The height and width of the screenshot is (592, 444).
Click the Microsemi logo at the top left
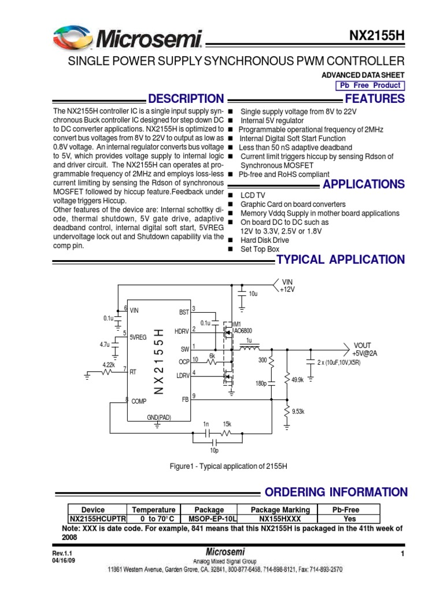coord(128,39)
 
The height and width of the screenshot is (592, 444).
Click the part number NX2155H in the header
coord(376,35)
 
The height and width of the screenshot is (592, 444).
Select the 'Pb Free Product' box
coord(370,86)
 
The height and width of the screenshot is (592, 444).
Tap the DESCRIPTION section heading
coord(186,99)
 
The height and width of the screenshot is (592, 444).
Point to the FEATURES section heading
coord(374,99)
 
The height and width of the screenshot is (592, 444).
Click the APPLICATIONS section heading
coord(364,184)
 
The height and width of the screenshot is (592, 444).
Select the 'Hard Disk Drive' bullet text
coord(264,240)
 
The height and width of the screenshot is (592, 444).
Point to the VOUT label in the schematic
coord(362,345)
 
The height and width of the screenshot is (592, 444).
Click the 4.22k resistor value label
coord(109,365)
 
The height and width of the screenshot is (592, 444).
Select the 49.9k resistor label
coord(298,380)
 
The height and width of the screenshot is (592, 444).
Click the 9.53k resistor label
coord(298,412)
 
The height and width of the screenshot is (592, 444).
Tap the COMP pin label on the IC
coord(139,401)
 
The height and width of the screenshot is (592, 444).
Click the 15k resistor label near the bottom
coord(227,424)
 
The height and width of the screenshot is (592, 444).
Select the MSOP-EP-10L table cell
coord(209,519)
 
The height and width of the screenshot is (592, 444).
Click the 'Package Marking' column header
coord(280,510)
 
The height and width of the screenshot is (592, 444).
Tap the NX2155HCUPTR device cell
coord(94,519)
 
